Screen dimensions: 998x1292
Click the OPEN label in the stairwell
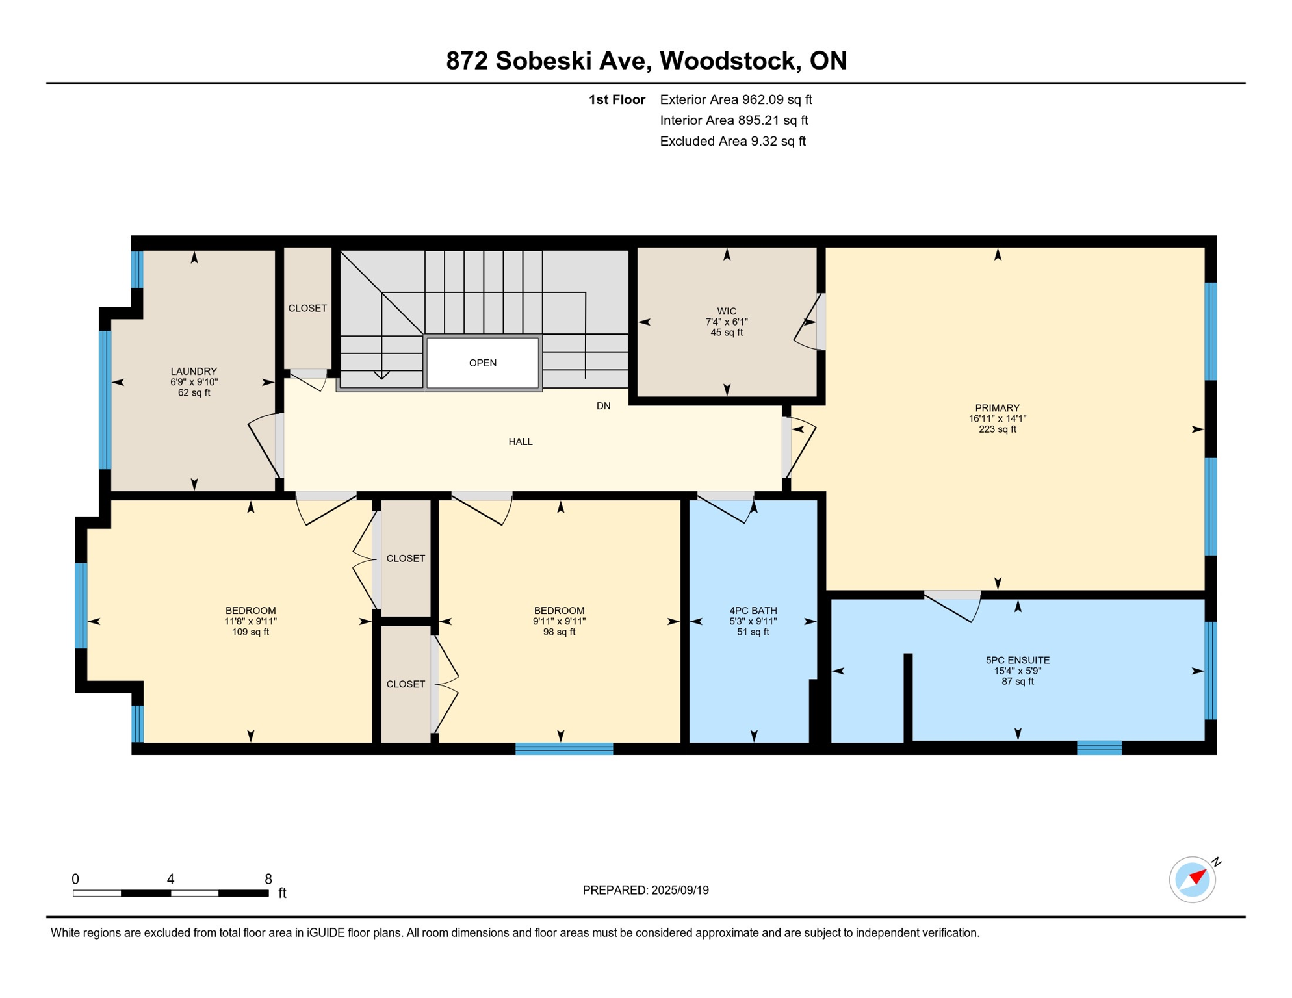pos(482,363)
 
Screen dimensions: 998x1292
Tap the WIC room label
pos(727,311)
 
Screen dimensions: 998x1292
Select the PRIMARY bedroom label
pos(997,408)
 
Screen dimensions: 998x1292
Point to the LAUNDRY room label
pos(194,372)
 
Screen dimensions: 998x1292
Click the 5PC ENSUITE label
pos(1017,660)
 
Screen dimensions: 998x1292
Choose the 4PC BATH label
pos(753,611)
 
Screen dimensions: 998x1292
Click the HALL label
pos(520,442)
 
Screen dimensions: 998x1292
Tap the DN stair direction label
pos(603,406)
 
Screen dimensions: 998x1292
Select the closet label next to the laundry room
pos(307,308)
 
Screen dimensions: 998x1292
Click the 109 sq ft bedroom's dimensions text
pos(250,622)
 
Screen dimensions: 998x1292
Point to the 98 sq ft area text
pos(559,632)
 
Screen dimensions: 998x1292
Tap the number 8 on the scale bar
pos(268,879)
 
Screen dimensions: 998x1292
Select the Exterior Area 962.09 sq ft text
pos(736,99)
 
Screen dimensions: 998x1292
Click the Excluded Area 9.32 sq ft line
pos(732,141)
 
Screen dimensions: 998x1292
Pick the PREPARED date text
pos(645,890)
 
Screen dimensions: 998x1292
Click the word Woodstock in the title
pos(730,60)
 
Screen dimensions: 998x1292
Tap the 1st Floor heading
pos(616,99)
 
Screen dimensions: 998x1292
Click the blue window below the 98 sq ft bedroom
pos(564,748)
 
